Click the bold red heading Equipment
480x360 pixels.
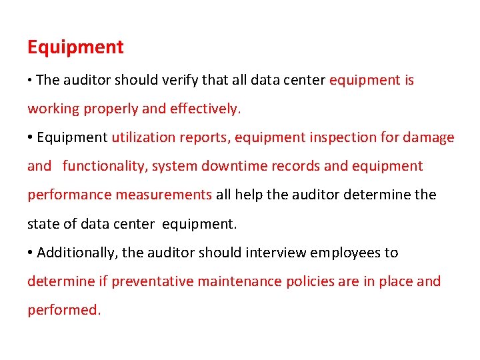75,47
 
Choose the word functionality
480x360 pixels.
104,166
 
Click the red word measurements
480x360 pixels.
164,195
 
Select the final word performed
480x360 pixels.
63,310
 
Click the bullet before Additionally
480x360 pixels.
31,253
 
